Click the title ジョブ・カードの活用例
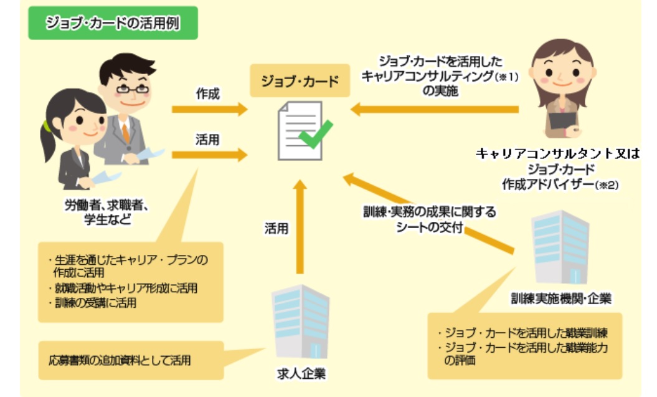(113, 23)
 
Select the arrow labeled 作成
(209, 110)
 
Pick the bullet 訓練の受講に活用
(94, 304)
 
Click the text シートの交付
(430, 227)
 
